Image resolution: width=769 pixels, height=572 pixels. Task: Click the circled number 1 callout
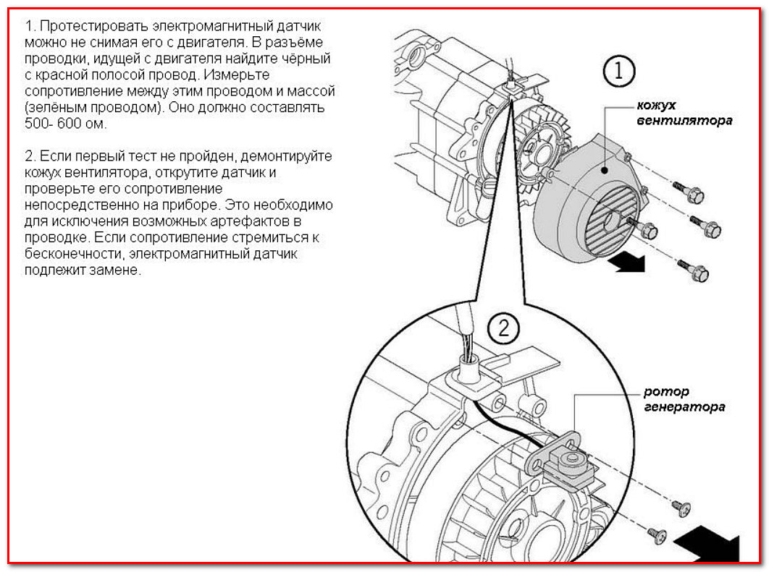(618, 72)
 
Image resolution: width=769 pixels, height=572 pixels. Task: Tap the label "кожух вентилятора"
(684, 113)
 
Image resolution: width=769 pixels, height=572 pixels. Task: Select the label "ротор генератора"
(684, 400)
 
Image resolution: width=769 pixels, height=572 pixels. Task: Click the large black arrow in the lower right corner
(707, 543)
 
